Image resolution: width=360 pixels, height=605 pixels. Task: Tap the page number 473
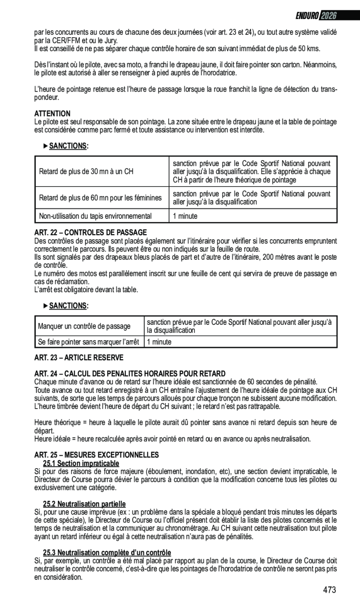pos(329,590)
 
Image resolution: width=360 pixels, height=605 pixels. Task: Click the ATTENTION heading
pos(53,114)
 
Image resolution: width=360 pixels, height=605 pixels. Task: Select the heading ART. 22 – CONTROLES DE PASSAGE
pos(91,232)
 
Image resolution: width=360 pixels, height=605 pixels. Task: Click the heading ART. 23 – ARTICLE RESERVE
pos(79,357)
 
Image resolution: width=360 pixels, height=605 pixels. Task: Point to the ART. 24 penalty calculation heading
pos(130,374)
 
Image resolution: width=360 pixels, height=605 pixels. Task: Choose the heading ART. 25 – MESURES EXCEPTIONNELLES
pos(97,455)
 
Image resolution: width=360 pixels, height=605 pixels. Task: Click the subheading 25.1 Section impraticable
pos(81,464)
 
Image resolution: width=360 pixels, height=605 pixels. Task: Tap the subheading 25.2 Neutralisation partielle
pos(84,504)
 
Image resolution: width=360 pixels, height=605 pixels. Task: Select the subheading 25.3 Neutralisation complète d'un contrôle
pos(107,552)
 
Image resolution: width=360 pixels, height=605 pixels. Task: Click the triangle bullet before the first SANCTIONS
pos(46,146)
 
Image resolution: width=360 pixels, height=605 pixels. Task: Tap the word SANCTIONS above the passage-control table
pos(68,306)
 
